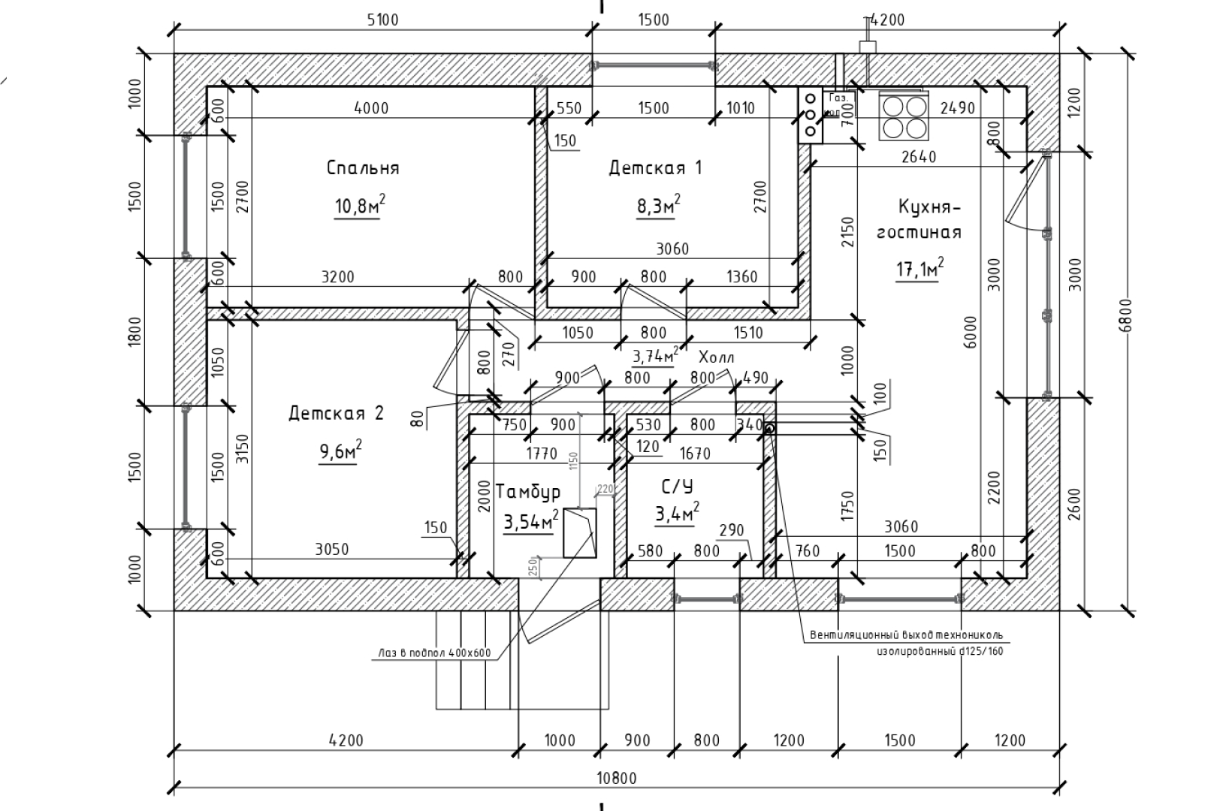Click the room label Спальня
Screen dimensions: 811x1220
[363, 167]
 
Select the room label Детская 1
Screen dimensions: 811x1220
[654, 167]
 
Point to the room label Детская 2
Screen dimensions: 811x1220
[336, 413]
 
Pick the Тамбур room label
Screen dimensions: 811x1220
[528, 492]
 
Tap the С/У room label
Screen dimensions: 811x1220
[677, 487]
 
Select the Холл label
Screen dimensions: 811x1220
[716, 357]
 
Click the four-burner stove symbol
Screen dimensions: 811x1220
[904, 116]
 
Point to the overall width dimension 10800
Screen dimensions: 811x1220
[615, 778]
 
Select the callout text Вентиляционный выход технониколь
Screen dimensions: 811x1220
[905, 635]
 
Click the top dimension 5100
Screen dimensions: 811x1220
[382, 20]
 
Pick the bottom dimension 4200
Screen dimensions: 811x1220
[346, 740]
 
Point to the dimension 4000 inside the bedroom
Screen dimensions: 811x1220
[371, 107]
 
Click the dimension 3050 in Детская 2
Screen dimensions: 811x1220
[331, 549]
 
